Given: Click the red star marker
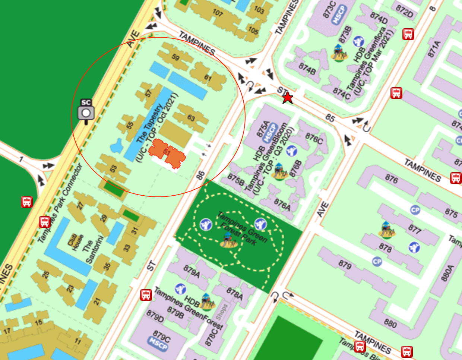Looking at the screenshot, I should coord(287,98).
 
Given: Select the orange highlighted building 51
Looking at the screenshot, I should coord(167,154).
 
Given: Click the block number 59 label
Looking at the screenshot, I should coord(175,57).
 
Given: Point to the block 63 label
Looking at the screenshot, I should coord(191,118).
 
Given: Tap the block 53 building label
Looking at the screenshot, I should coord(113,168).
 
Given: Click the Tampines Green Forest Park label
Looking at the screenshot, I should coord(242,229).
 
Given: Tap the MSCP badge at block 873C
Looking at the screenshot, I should coord(339,15).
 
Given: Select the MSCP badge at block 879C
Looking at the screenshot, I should coord(158,345).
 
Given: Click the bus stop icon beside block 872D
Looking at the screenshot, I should coord(408,34).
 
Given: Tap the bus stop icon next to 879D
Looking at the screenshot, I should coord(146,295).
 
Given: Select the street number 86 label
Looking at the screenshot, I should coord(201,174).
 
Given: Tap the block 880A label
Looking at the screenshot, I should coord(447,273).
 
